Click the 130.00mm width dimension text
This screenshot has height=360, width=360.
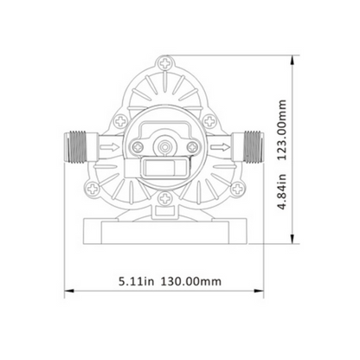click(x=190, y=281)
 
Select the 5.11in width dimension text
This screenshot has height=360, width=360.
click(x=137, y=281)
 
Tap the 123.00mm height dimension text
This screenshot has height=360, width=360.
click(x=282, y=130)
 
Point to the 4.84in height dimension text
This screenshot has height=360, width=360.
click(x=282, y=191)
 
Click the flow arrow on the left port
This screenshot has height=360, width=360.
click(x=110, y=147)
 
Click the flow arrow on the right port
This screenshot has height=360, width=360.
click(x=220, y=147)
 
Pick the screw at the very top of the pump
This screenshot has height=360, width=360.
click(x=165, y=63)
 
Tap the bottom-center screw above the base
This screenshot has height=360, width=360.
click(x=165, y=198)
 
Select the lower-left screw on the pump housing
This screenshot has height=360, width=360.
click(x=93, y=189)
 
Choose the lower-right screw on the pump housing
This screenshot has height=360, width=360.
click(x=237, y=189)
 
